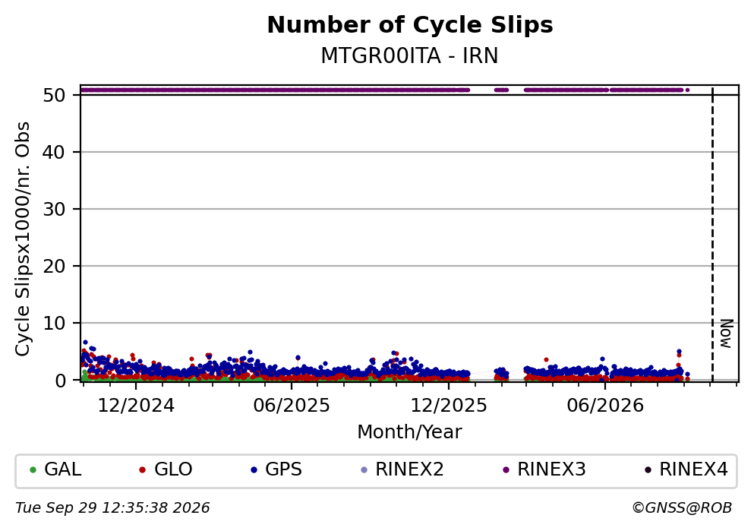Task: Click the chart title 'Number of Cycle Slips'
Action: pyautogui.click(x=410, y=25)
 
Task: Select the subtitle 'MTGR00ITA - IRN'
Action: pyautogui.click(x=409, y=55)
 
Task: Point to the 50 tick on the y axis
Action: pyautogui.click(x=54, y=95)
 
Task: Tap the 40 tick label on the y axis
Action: pyautogui.click(x=54, y=153)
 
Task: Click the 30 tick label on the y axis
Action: pyautogui.click(x=54, y=209)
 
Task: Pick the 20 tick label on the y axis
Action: pyautogui.click(x=54, y=266)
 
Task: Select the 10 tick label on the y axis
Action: pyautogui.click(x=54, y=323)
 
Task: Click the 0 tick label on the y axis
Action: pyautogui.click(x=60, y=380)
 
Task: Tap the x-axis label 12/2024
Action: pyautogui.click(x=136, y=406)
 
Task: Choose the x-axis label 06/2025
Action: pyautogui.click(x=292, y=406)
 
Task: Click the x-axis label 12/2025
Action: pyautogui.click(x=449, y=406)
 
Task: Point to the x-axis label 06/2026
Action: pyautogui.click(x=605, y=406)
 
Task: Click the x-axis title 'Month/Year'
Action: pyautogui.click(x=409, y=432)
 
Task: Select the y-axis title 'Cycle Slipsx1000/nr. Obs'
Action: pyautogui.click(x=23, y=239)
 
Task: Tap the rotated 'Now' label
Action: pyautogui.click(x=727, y=333)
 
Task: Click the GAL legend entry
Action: pyautogui.click(x=55, y=469)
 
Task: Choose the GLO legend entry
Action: pyautogui.click(x=166, y=469)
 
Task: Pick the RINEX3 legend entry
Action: pyautogui.click(x=544, y=469)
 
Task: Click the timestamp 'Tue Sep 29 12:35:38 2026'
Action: pyautogui.click(x=112, y=508)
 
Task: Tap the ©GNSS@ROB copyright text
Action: pyautogui.click(x=682, y=508)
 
